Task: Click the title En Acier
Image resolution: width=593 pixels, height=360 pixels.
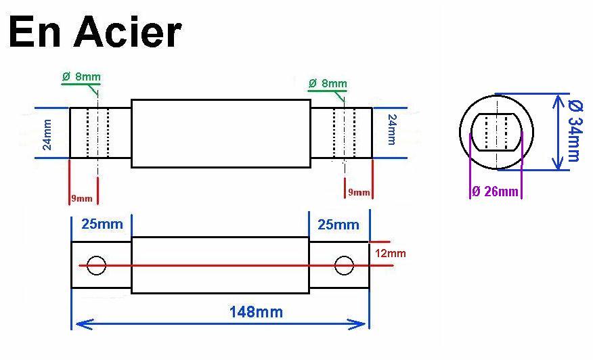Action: (95, 33)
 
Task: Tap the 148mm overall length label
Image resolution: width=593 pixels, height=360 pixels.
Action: (256, 313)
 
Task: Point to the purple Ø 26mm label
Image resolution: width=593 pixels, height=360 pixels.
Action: (496, 192)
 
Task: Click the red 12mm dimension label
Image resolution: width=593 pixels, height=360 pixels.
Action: (391, 253)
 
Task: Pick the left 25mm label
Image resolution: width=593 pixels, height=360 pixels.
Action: (102, 224)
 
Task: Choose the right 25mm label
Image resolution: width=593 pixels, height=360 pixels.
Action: (338, 225)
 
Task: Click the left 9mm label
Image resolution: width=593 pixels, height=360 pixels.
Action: (82, 198)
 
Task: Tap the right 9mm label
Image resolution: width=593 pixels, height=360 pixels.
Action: (359, 192)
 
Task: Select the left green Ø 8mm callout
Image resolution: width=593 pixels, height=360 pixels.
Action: (81, 76)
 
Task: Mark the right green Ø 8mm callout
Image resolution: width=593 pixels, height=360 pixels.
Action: (328, 83)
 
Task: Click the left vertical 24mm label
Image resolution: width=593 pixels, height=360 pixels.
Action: (47, 135)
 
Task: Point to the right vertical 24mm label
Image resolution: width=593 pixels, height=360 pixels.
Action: (392, 130)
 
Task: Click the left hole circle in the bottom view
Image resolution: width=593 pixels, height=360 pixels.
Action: (96, 256)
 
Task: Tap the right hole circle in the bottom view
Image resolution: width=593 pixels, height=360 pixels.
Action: (344, 256)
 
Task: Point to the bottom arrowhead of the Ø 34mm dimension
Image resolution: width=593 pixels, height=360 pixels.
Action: (557, 168)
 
